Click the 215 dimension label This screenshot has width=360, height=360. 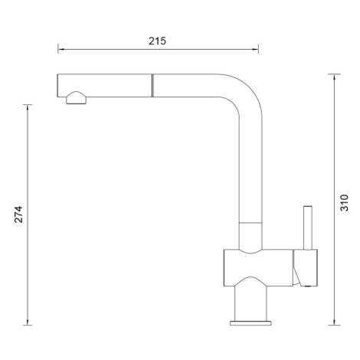157,41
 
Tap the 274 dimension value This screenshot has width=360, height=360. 18,214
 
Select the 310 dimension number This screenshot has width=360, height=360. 345,203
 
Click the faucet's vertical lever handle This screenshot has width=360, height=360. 308,227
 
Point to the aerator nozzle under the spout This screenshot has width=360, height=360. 77,98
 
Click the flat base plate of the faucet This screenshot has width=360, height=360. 250,323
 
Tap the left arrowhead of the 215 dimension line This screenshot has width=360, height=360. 61,49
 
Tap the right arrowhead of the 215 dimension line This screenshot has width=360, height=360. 255,49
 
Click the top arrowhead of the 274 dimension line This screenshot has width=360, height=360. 28,108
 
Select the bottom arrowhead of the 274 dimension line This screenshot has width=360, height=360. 28,322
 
